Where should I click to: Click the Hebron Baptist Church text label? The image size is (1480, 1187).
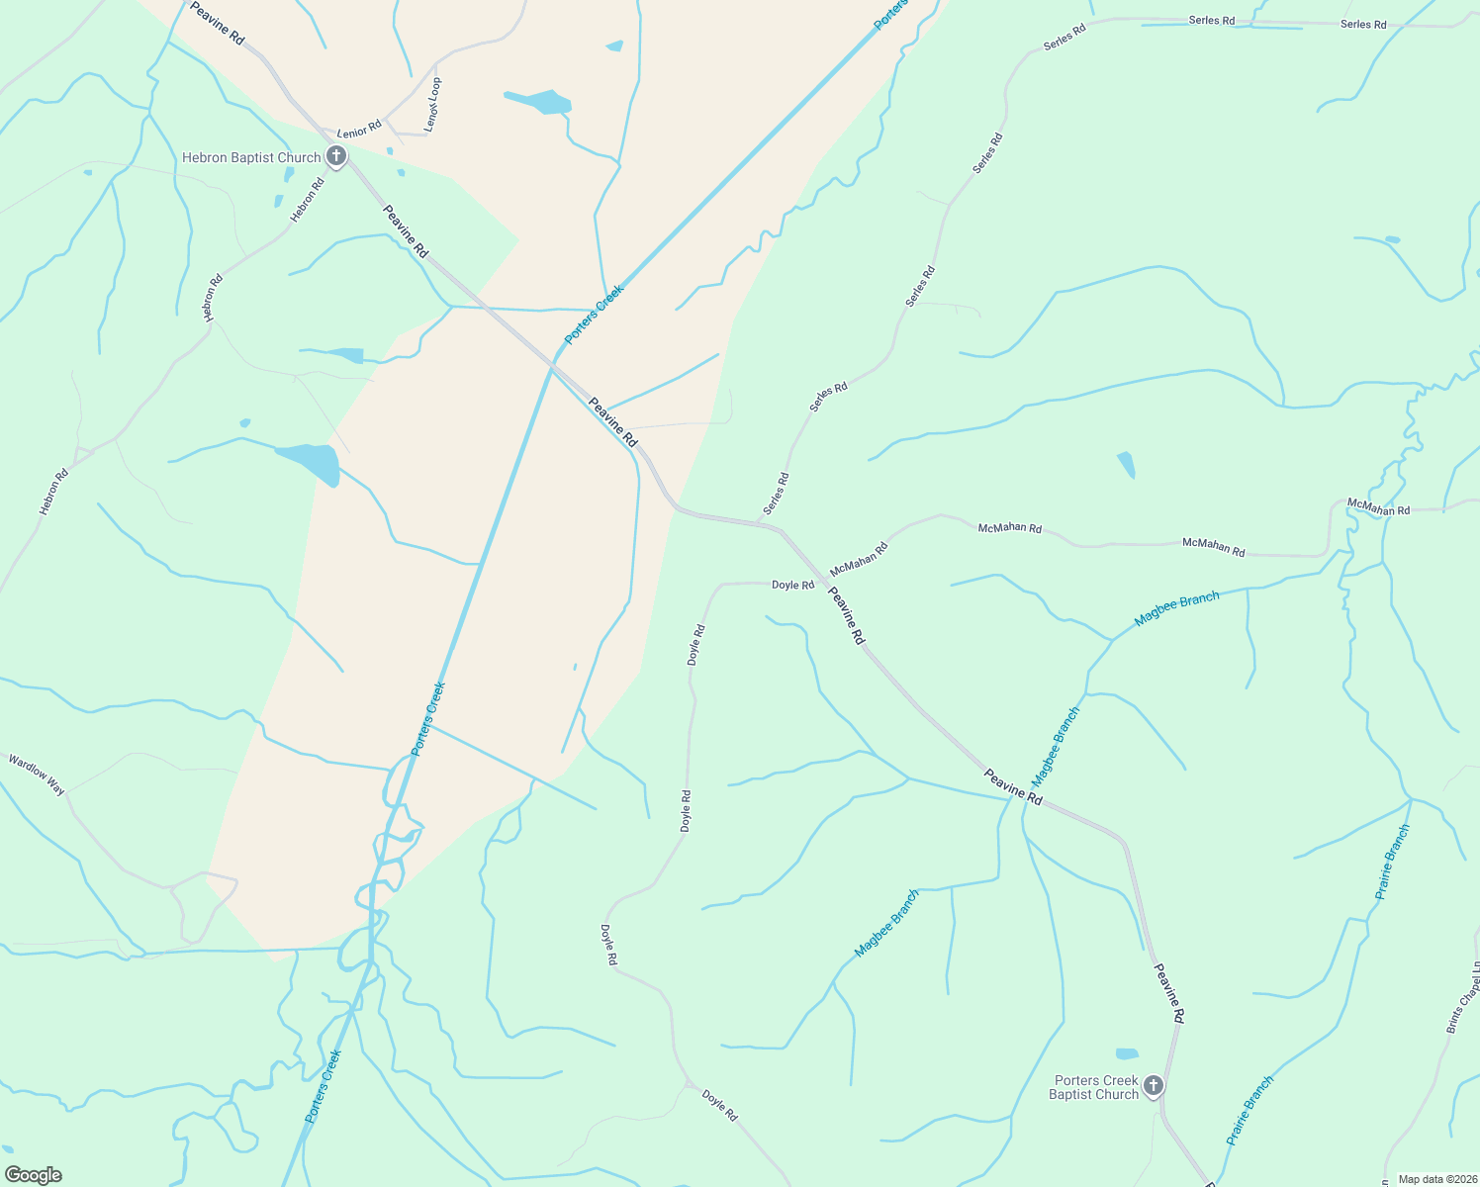point(251,158)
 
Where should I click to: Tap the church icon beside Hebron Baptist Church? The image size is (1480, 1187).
point(336,156)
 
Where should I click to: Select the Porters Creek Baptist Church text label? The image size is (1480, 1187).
point(1095,1087)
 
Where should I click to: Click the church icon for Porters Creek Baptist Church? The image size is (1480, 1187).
point(1154,1086)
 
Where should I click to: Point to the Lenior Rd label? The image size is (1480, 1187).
point(359,130)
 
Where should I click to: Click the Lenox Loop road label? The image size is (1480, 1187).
point(433,105)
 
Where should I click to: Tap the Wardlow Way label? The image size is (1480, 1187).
point(37,775)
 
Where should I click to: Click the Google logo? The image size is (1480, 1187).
point(34,1175)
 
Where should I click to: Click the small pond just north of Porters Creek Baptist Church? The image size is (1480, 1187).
point(1127,1053)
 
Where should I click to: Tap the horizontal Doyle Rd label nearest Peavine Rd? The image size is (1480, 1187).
point(792,585)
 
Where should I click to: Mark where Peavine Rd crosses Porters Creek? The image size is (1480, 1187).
point(553,365)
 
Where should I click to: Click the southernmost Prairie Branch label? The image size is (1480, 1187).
point(1250,1110)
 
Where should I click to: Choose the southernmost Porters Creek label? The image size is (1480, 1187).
point(323,1086)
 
